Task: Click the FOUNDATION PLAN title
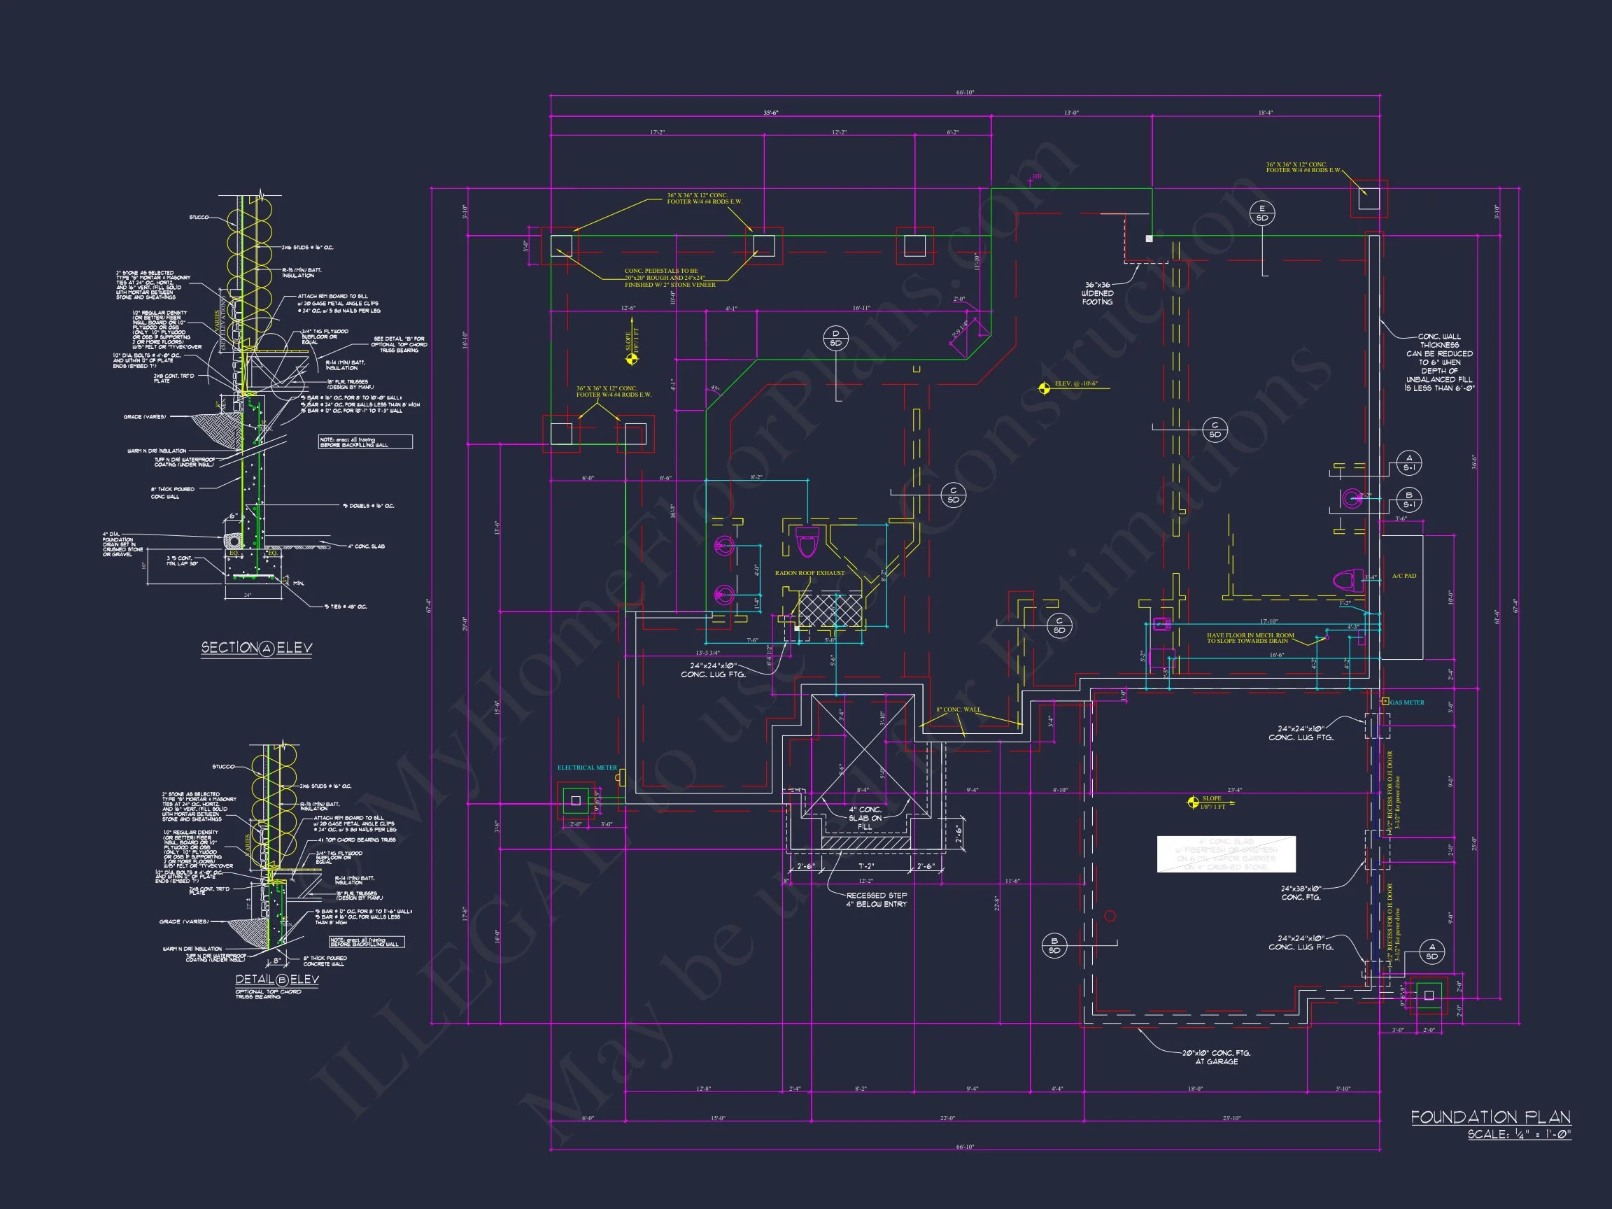(x=1490, y=1117)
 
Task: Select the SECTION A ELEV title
(x=257, y=648)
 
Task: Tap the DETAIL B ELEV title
(x=277, y=980)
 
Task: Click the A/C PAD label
(x=1404, y=576)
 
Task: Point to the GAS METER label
(x=1407, y=702)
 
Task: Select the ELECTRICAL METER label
(x=586, y=768)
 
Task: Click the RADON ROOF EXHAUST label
(x=809, y=573)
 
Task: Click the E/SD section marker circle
(x=1262, y=213)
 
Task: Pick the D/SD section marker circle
(x=835, y=338)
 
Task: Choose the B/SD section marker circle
(x=1054, y=945)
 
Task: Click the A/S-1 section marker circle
(x=1408, y=462)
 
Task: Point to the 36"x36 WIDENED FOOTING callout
(x=1098, y=293)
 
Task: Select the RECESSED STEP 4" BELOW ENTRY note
(x=877, y=899)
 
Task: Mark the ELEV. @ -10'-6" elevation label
(x=1075, y=383)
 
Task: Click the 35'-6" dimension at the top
(x=771, y=113)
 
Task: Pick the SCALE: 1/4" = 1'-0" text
(x=1519, y=1135)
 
